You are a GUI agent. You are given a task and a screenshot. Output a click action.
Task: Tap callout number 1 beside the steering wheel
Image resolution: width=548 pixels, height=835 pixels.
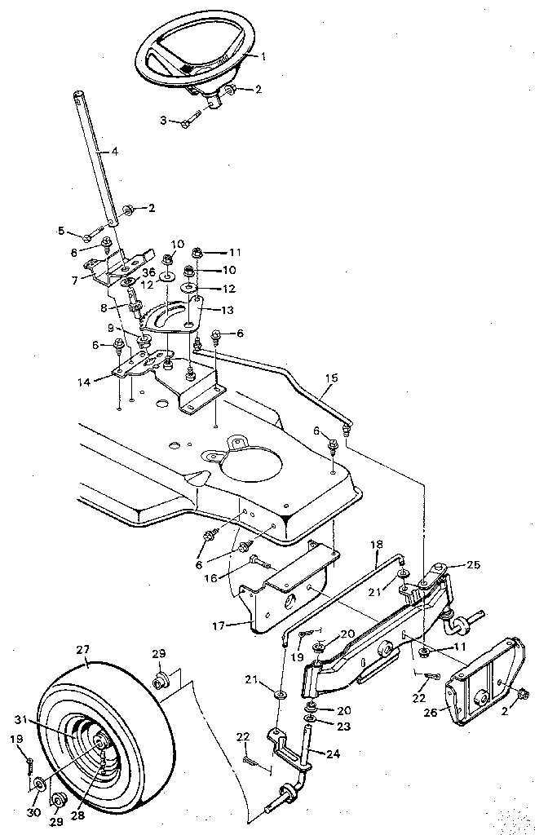[263, 56]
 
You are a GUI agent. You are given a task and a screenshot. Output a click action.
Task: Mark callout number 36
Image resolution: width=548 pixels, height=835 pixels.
[148, 273]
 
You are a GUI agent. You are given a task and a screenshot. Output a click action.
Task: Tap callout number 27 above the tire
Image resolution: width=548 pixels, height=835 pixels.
[82, 650]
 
